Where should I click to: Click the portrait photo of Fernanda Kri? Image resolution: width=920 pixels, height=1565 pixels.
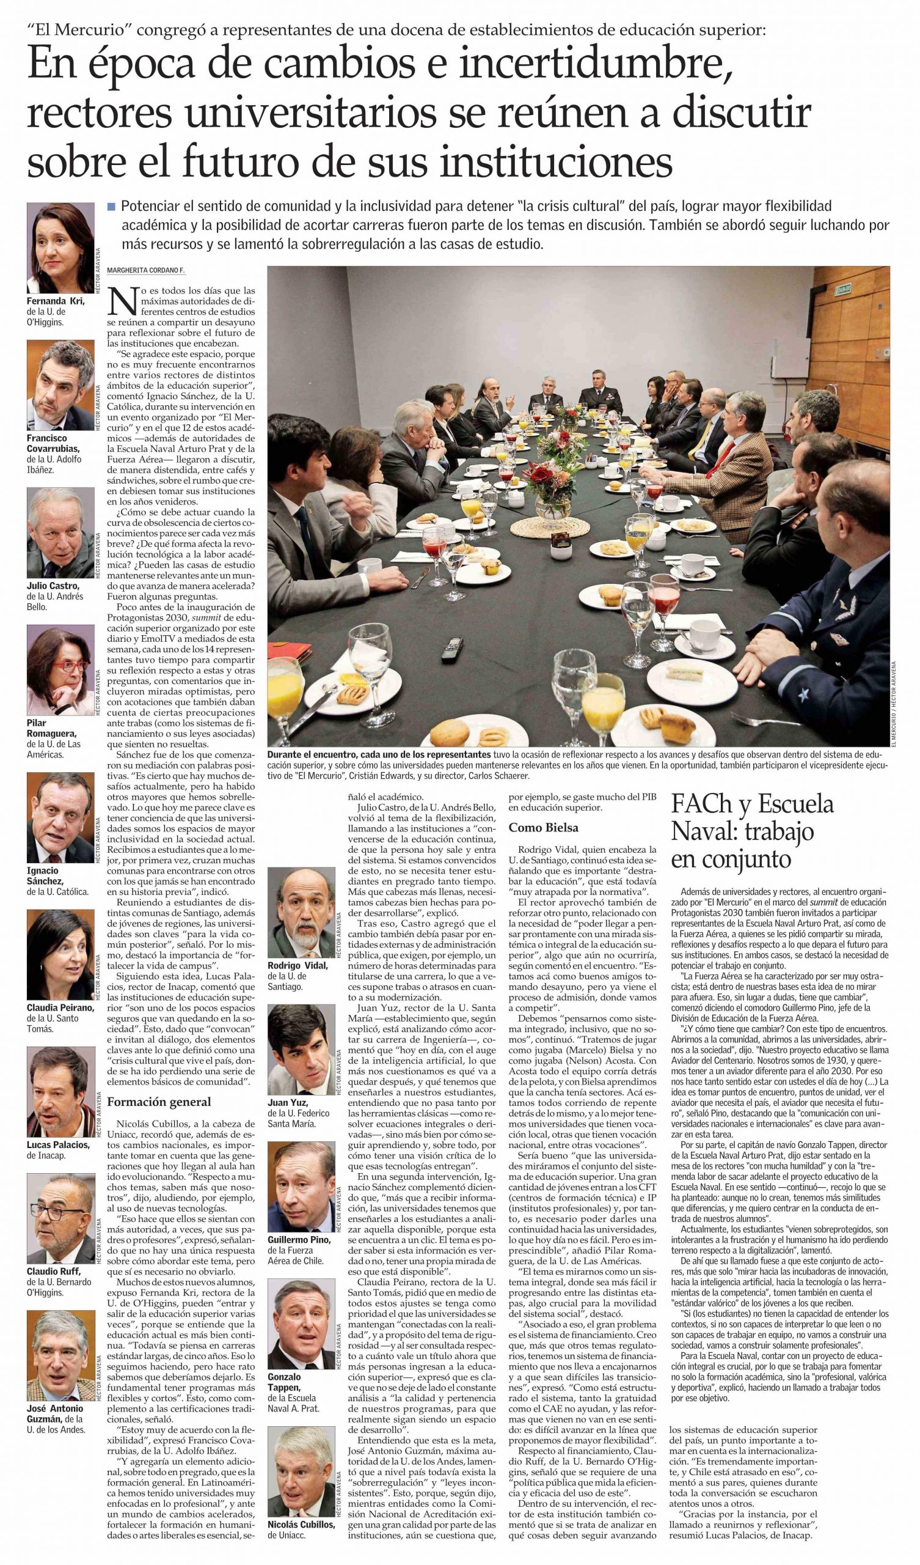point(60,248)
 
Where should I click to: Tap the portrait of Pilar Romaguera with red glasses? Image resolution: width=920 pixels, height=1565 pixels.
point(60,671)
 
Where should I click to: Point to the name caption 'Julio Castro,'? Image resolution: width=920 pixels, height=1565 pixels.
point(54,585)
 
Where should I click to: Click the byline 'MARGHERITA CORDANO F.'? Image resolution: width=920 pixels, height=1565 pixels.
point(146,270)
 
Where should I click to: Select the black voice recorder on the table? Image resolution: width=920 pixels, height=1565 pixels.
point(451,648)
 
